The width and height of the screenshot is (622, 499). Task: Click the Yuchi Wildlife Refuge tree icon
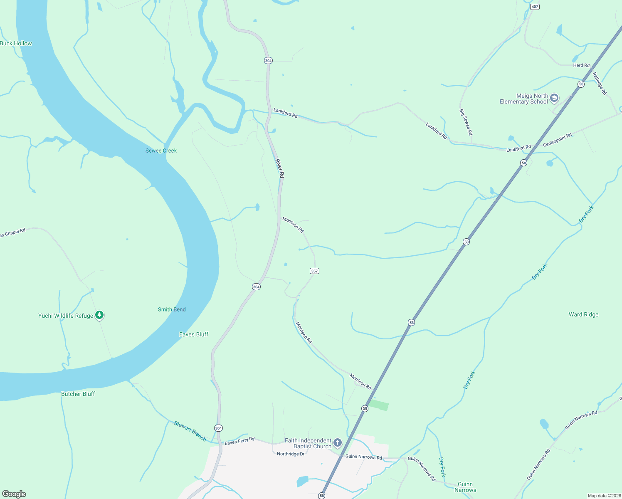99,315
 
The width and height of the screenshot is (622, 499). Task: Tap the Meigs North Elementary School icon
554,98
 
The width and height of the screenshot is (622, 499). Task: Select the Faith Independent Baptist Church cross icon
338,443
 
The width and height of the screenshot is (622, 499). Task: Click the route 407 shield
535,7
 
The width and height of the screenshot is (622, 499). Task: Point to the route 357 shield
314,271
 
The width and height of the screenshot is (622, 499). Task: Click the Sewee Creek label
161,151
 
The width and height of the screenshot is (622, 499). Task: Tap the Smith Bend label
172,309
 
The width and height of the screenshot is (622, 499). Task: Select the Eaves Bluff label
193,334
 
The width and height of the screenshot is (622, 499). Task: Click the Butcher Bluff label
78,394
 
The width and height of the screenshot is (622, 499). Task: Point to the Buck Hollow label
16,43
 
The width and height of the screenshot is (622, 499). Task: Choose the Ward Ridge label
583,314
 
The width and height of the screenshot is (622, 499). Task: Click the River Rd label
280,168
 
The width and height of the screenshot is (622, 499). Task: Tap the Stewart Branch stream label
190,431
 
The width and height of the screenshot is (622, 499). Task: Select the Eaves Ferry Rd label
239,441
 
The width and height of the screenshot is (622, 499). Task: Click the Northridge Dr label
291,454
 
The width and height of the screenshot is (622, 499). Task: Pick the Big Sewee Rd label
466,122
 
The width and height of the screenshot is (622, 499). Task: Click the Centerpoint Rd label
557,140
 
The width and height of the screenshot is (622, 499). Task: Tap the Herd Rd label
581,65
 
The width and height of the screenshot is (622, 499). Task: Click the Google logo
14,494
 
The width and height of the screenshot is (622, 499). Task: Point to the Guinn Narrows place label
465,487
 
